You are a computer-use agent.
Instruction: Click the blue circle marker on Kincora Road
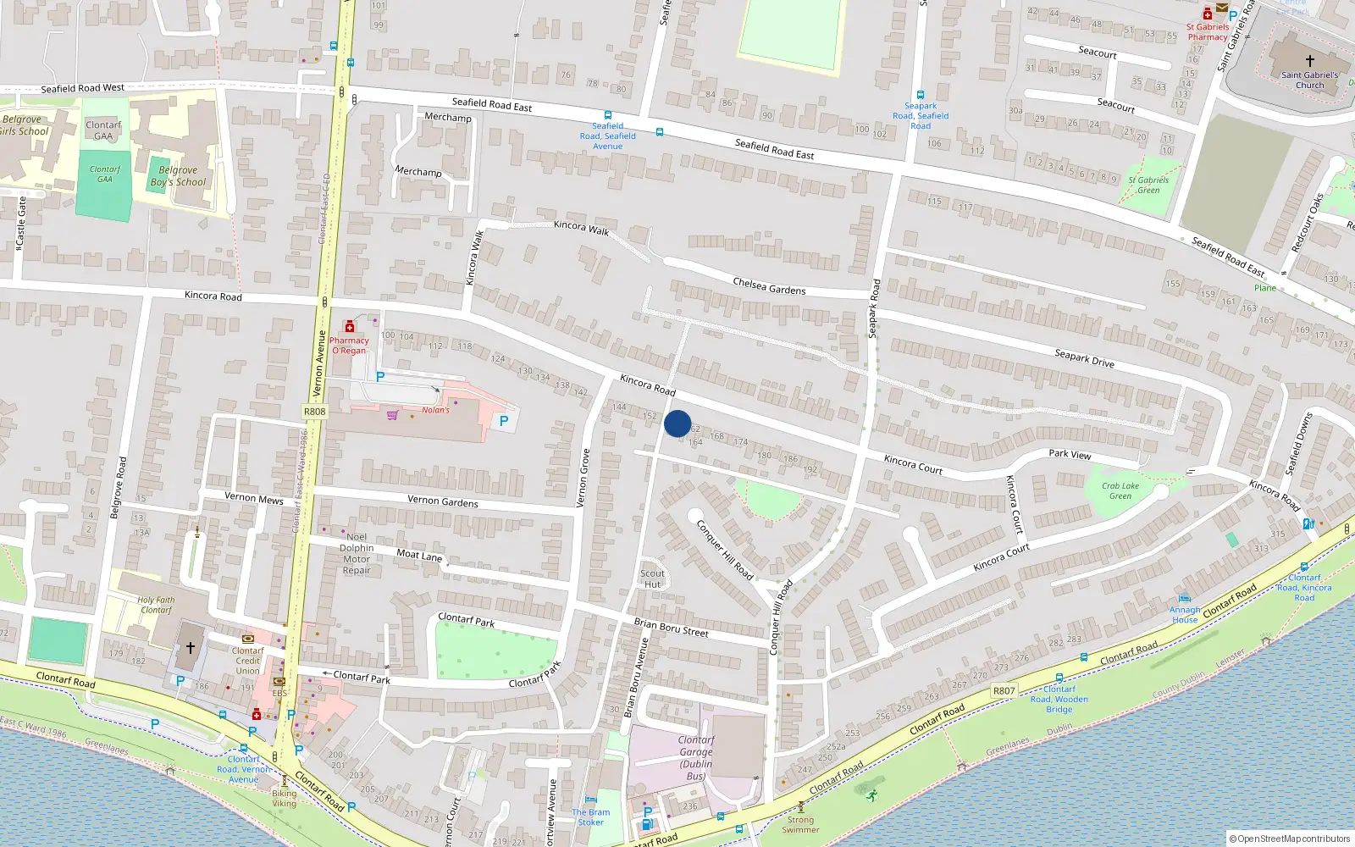677,423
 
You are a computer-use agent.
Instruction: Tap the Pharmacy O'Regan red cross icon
349,327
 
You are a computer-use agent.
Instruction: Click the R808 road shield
314,412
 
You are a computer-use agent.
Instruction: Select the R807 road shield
1004,691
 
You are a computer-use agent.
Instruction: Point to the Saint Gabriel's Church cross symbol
1309,61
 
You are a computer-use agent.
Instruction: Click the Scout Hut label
652,579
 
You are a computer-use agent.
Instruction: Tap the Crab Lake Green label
1120,491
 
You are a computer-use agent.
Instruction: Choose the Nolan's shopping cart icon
392,415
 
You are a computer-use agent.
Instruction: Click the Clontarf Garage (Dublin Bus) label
695,758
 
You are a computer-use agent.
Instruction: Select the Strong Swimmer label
800,824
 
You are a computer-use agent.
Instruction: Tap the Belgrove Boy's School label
178,176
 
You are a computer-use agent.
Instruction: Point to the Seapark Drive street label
1084,358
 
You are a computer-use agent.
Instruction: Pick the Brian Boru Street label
671,628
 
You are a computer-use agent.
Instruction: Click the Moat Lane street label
419,555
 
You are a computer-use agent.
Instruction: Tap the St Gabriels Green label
1148,185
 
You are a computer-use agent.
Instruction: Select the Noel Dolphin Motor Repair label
357,553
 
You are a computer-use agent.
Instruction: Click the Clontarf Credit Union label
247,661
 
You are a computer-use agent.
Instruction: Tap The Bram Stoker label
590,817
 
